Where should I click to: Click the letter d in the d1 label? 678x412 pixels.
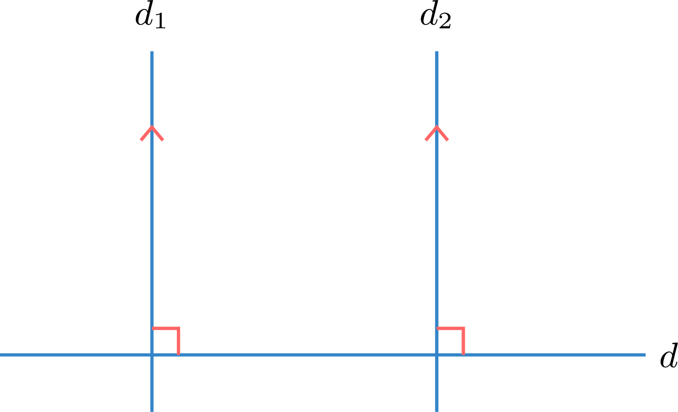pos(144,15)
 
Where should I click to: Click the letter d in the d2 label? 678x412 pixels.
pos(429,15)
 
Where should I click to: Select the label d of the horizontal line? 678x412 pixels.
pos(669,355)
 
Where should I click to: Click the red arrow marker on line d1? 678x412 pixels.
pos(152,133)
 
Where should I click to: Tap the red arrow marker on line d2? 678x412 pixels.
pos(437,133)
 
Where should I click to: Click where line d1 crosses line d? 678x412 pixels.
pos(152,355)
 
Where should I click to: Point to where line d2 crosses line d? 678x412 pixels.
pos(437,355)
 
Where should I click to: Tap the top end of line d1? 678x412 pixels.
pos(152,51)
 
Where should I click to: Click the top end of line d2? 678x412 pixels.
pos(437,51)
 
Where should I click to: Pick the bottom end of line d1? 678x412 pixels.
pos(152,412)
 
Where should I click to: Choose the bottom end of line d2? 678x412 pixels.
pos(437,412)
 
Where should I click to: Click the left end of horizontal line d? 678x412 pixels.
pos(0,355)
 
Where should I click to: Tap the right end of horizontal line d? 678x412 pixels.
pos(645,355)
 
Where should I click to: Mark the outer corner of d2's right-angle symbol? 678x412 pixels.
pos(463,328)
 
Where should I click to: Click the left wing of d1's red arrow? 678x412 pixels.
pos(146,133)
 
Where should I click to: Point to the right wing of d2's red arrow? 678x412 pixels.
pos(443,133)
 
